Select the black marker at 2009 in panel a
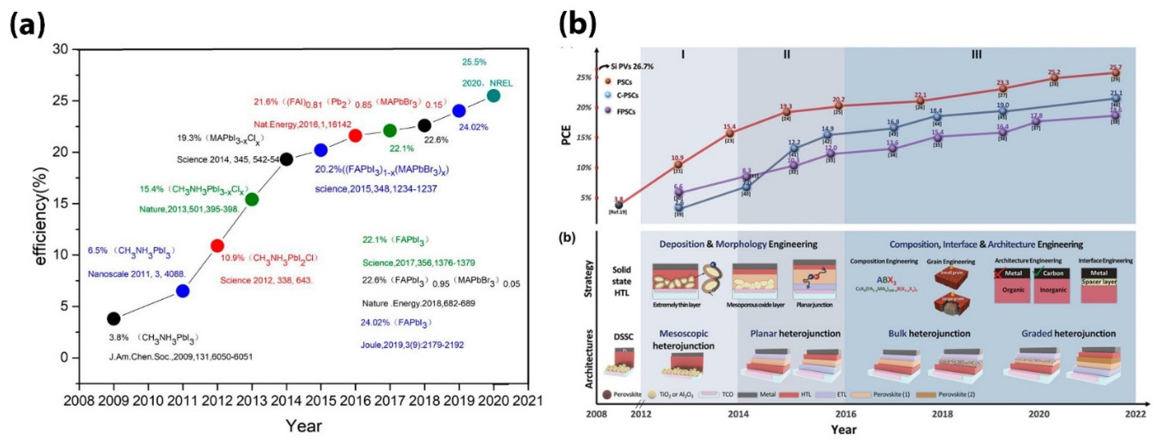[x=114, y=319]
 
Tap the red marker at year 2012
[x=217, y=246]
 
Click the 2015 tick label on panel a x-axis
[x=321, y=400]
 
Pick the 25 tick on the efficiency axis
[x=63, y=100]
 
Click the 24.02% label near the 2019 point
[x=473, y=127]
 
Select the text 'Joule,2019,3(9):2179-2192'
[x=412, y=345]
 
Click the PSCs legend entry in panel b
[x=624, y=82]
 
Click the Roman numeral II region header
[x=786, y=55]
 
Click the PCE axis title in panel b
[x=566, y=135]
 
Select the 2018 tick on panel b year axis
[x=942, y=414]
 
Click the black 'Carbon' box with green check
[x=1052, y=273]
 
